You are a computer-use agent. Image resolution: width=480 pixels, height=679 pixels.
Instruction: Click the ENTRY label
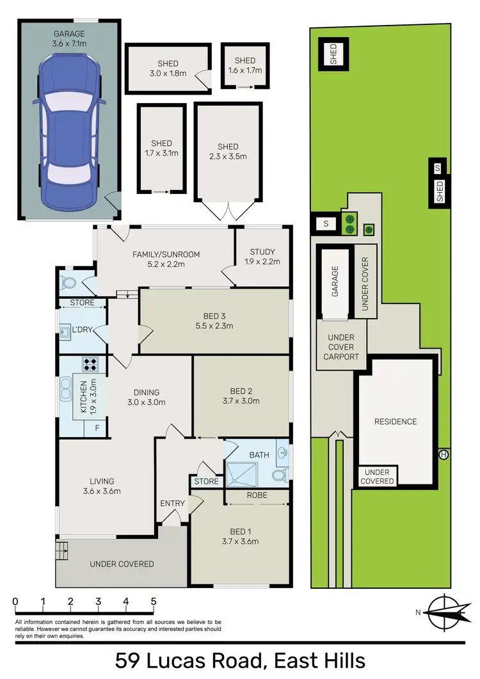172,504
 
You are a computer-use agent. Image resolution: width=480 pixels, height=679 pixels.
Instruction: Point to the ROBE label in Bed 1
256,495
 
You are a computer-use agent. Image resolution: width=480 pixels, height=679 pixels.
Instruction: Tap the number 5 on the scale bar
154,602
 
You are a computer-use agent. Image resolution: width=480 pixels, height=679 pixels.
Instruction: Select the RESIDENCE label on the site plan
396,422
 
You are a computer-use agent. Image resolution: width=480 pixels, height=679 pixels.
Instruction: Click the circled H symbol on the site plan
444,454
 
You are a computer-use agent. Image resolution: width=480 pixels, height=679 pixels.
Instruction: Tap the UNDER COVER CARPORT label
341,347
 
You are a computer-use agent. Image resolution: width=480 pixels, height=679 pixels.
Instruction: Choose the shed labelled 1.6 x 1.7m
244,66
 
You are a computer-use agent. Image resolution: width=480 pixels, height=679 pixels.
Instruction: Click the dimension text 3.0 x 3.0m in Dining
146,403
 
